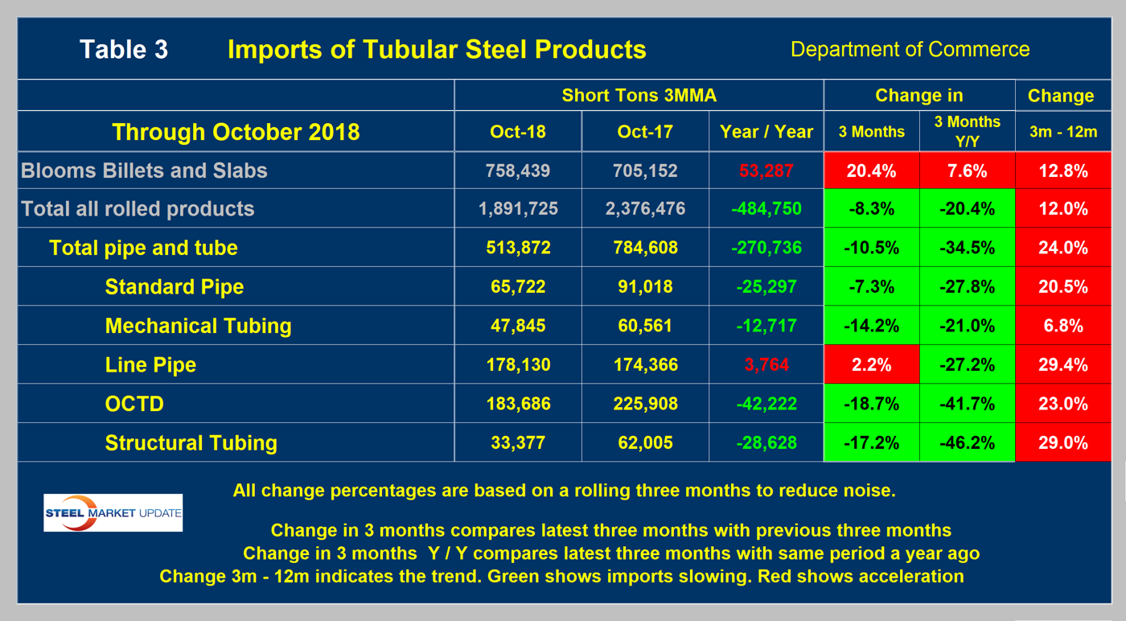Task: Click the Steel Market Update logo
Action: coord(113,512)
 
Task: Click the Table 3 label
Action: coord(123,49)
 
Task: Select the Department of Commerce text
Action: coord(910,49)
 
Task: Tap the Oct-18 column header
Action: coord(517,132)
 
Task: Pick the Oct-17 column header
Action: coord(644,132)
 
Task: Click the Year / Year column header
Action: coord(766,132)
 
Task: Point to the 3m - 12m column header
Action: coord(1062,132)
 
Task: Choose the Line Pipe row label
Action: coord(150,364)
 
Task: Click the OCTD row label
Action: coord(134,403)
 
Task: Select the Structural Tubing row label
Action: coord(191,442)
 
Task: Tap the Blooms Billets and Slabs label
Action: coord(144,171)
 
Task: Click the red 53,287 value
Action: coord(766,171)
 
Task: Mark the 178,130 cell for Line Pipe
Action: coord(517,364)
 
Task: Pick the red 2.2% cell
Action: coord(872,364)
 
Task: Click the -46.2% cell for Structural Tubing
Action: coord(967,442)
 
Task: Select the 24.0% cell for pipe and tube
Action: coord(1062,248)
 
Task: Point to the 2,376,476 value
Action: coord(644,209)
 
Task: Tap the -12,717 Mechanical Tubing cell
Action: coord(766,326)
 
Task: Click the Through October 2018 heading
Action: coord(236,132)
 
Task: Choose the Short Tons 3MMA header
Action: coord(639,96)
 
